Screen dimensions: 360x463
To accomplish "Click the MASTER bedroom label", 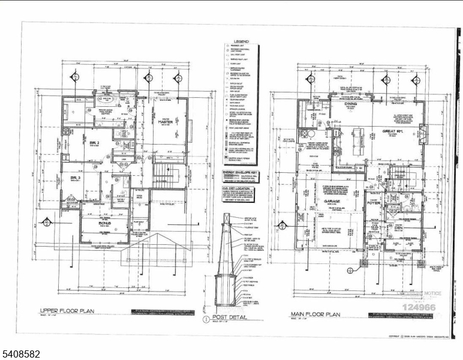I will (x=166, y=122).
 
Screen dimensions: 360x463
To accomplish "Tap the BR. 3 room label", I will (x=74, y=178).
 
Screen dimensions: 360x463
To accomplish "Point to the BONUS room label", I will (x=106, y=222).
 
